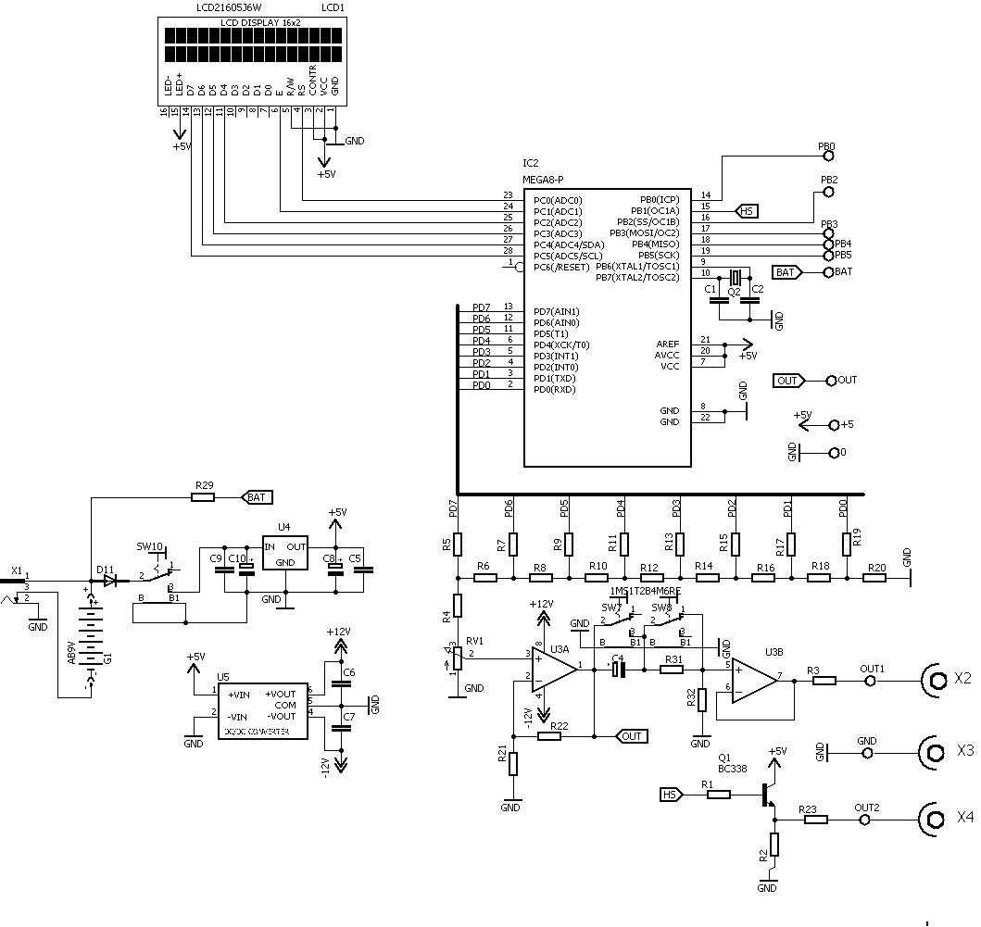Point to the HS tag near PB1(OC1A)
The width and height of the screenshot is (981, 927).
click(747, 211)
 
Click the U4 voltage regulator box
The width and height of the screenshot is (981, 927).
click(285, 555)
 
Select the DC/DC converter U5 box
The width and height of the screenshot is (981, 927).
click(264, 714)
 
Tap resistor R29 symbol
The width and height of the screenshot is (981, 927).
click(203, 497)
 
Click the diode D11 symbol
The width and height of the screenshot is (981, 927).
click(111, 581)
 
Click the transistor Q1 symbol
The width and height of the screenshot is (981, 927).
click(768, 795)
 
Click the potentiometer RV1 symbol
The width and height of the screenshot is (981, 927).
click(456, 657)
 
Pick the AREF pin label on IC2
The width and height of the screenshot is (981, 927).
click(667, 344)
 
